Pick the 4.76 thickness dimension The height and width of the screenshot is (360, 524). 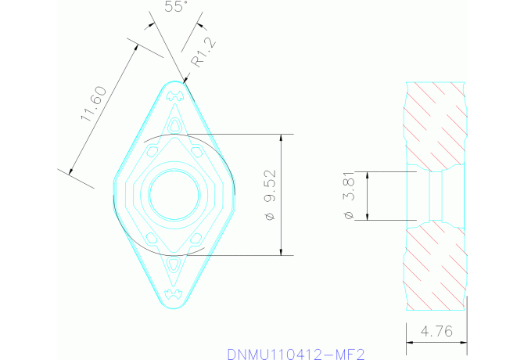pos(436,331)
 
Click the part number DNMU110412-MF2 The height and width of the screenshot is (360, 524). pos(296,354)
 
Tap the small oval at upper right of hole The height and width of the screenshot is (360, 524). pos(195,148)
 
